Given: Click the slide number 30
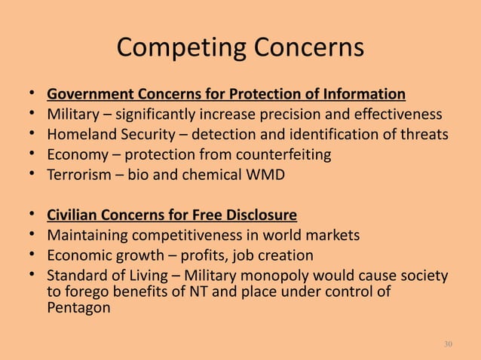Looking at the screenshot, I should tap(449, 344).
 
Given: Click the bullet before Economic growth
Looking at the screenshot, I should tap(32, 255).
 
